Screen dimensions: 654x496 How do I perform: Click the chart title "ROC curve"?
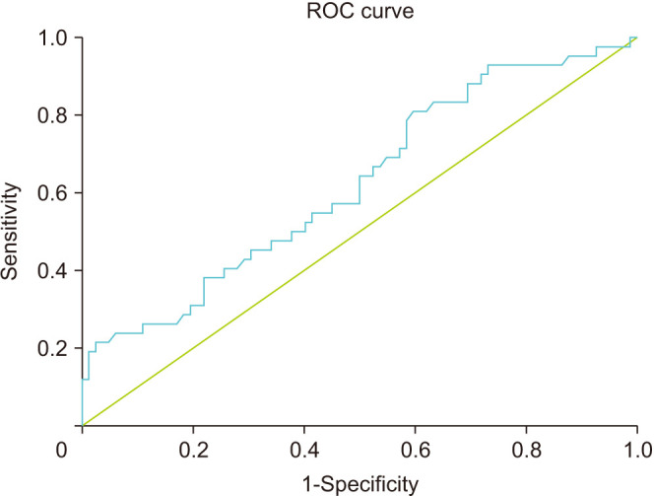[x=360, y=11]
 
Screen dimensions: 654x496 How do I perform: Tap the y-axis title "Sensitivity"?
[x=10, y=231]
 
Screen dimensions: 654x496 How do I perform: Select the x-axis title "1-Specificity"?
[x=360, y=485]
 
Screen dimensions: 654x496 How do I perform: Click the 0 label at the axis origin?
[x=62, y=451]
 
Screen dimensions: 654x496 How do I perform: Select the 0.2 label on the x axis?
[x=193, y=451]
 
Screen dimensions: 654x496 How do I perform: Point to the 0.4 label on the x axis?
[x=304, y=451]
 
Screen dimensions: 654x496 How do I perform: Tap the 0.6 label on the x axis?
[x=416, y=451]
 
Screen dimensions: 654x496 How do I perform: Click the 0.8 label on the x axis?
[x=526, y=451]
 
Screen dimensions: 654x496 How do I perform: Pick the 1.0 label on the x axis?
[x=637, y=451]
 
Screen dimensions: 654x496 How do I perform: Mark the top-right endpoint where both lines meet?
[x=637, y=37]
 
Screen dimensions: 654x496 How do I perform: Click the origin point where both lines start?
[x=83, y=425]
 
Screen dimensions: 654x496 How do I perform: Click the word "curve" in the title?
[x=387, y=11]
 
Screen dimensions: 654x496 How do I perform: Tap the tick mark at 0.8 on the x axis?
[x=526, y=430]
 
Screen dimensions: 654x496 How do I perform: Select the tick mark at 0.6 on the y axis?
[x=79, y=193]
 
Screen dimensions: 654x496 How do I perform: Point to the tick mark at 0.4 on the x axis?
[x=304, y=430]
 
